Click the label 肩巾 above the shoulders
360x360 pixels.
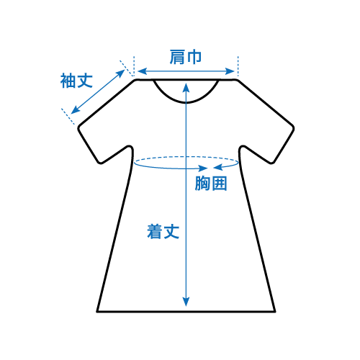pos(186,57)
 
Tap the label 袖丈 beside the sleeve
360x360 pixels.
pos(76,81)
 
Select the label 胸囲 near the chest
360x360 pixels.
pos(211,184)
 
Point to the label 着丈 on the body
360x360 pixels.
pos(163,231)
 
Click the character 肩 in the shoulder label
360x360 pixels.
pos(177,57)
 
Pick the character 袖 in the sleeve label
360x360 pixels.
pos(68,81)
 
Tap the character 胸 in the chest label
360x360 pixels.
pos(202,184)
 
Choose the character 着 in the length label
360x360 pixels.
pos(155,231)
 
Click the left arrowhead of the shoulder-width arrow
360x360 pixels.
pos(142,71)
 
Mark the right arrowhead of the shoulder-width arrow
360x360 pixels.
pos(230,71)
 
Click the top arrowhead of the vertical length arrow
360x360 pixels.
pos(186,87)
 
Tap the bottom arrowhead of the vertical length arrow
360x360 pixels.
pos(186,302)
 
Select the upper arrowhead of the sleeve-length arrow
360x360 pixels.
pos(121,73)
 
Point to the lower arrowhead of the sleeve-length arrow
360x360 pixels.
pos(75,110)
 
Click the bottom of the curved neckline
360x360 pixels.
pos(186,102)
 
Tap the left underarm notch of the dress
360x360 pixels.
pos(130,147)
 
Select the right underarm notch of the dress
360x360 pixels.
pos(242,147)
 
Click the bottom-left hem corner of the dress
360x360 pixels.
pos(97,312)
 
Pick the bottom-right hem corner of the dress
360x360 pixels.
pos(275,312)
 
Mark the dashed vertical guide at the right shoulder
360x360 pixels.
pos(238,66)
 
